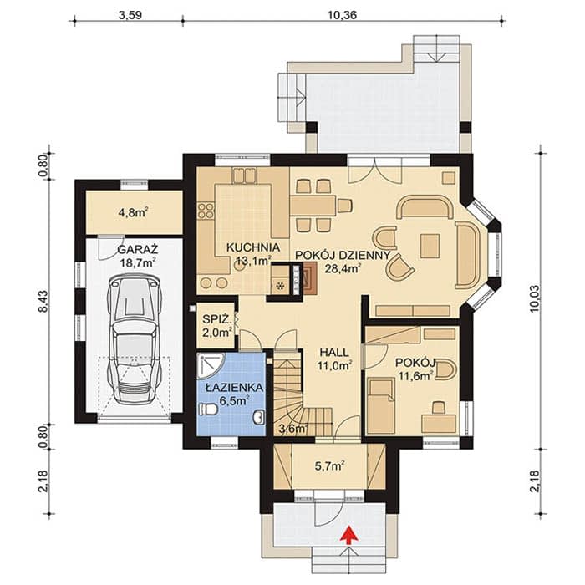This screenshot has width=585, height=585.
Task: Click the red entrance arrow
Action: pos(349,533)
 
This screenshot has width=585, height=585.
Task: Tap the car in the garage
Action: pos(135,340)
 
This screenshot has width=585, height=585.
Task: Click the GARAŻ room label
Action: pos(138,249)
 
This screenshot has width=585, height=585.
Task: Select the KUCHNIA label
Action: pos(253,247)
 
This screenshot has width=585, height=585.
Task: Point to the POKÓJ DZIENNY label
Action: pos(343,256)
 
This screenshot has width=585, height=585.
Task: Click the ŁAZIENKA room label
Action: pos(234,388)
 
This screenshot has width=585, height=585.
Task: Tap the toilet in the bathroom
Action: pos(209,409)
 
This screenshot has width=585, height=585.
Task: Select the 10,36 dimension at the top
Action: pos(342,15)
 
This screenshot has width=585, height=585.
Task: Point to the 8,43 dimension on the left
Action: pos(44,301)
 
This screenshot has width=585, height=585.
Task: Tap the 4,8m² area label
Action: pos(133,213)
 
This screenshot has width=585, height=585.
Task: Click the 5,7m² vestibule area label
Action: pos(329,466)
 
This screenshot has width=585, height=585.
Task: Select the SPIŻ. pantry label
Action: pos(217,319)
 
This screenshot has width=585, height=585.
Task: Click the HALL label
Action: pos(334,352)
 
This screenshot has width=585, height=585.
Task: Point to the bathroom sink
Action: pos(258,417)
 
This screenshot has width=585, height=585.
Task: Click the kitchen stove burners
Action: pos(206,211)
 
